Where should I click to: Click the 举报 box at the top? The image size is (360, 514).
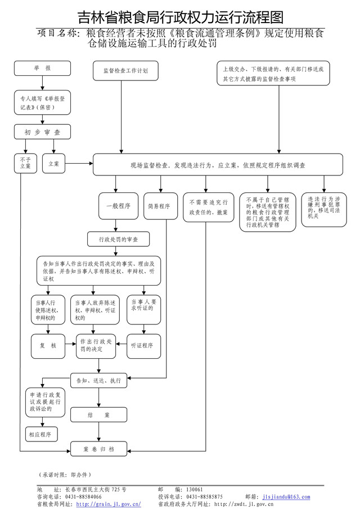pyautogui.click(x=42, y=69)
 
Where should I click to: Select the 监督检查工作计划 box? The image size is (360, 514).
pyautogui.click(x=125, y=71)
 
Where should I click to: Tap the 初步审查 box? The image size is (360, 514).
pyautogui.click(x=42, y=132)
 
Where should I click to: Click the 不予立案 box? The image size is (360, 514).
pyautogui.click(x=25, y=163)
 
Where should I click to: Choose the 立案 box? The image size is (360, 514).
pyautogui.click(x=54, y=163)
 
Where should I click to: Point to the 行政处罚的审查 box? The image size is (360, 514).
pyautogui.click(x=118, y=240)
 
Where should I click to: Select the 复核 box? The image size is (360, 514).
pyautogui.click(x=48, y=345)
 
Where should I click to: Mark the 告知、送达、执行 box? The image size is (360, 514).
pyautogui.click(x=98, y=381)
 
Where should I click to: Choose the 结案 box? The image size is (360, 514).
pyautogui.click(x=98, y=415)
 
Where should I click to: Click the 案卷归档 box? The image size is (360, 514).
pyautogui.click(x=98, y=449)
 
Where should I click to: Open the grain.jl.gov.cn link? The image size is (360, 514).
pyautogui.click(x=108, y=504)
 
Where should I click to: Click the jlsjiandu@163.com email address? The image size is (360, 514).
pyautogui.click(x=286, y=497)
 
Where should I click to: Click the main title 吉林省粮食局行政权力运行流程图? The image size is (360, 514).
pyautogui.click(x=180, y=17)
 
